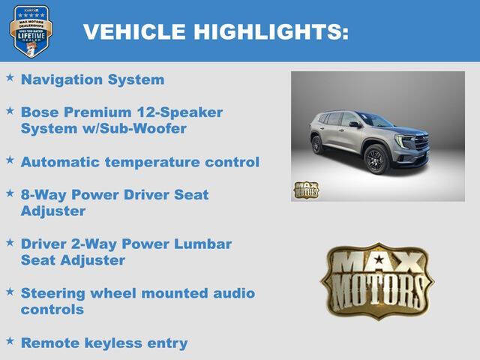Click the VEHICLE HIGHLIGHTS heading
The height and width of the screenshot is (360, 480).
click(x=215, y=31)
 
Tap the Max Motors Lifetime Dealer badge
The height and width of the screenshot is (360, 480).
click(x=31, y=31)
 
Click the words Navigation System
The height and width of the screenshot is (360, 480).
click(x=92, y=79)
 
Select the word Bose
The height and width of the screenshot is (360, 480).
click(x=42, y=112)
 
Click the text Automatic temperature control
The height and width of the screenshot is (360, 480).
click(x=140, y=162)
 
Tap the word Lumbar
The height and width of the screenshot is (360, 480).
click(x=204, y=244)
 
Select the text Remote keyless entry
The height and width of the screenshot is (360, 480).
click(x=104, y=343)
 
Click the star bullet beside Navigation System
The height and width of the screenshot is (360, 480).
click(x=10, y=78)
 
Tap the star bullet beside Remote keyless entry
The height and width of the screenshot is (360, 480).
click(x=10, y=341)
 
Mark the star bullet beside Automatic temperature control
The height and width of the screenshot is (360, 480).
click(x=10, y=160)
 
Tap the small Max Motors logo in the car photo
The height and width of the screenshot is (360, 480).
click(x=305, y=190)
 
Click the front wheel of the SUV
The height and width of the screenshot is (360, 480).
click(x=376, y=160)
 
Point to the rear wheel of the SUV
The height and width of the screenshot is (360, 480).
click(x=318, y=145)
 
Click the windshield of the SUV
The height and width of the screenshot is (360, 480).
click(x=374, y=119)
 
